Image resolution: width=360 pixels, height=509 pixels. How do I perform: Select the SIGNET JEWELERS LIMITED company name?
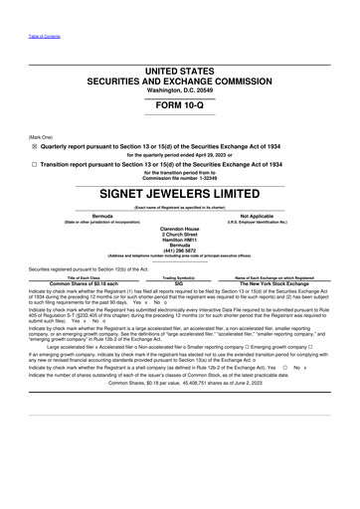[x=179, y=191]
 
